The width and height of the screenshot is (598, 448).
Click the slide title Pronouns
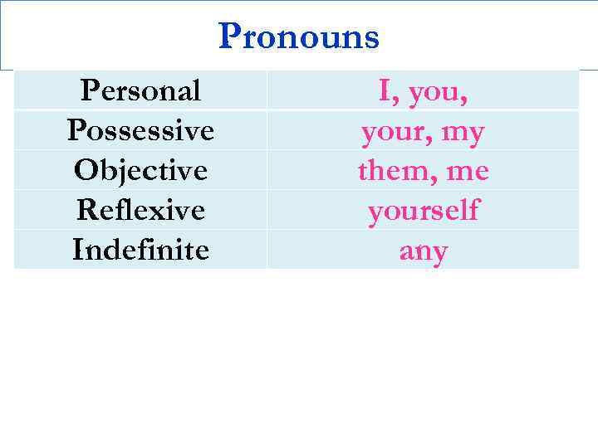click(x=299, y=37)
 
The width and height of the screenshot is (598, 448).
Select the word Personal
click(x=140, y=90)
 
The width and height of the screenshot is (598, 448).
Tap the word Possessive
click(x=140, y=130)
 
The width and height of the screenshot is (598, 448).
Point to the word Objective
click(x=140, y=170)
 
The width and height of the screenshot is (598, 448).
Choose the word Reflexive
click(x=140, y=210)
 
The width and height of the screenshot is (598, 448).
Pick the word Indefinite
click(x=140, y=249)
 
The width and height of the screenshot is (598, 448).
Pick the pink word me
click(x=468, y=173)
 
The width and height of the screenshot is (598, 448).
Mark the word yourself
click(x=424, y=212)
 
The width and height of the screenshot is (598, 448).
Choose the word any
click(x=423, y=251)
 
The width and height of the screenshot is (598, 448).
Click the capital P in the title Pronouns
click(x=230, y=37)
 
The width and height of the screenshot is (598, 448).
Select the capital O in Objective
click(x=85, y=170)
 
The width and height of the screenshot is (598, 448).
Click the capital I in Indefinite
click(x=78, y=249)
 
